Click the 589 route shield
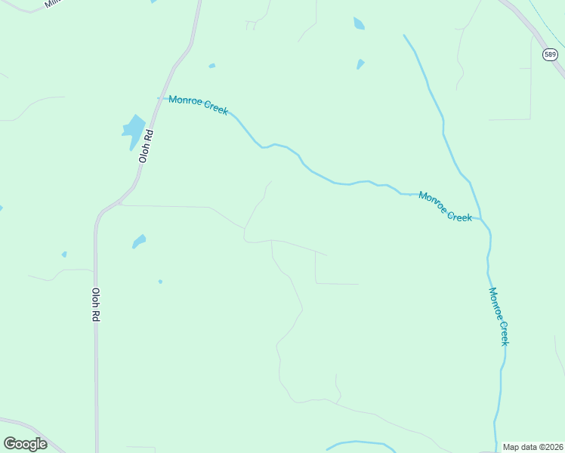(550, 54)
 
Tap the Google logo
(25, 444)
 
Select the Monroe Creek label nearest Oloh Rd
(198, 105)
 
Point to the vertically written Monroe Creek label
(499, 316)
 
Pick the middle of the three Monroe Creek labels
(445, 206)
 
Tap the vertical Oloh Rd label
(96, 306)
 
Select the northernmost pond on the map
(358, 23)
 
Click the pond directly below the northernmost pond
(360, 64)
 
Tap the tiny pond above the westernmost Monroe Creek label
(212, 66)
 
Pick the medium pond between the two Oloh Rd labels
(139, 241)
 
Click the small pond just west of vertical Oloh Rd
(64, 254)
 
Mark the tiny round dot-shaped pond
(160, 282)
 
